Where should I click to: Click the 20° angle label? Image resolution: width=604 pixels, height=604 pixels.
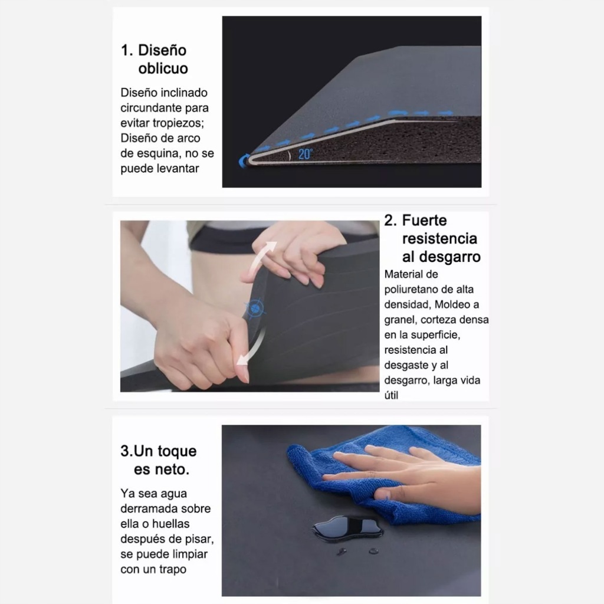click(306, 154)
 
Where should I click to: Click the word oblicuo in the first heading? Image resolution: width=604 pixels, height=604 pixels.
click(163, 68)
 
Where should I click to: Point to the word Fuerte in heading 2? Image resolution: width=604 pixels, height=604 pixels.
click(424, 221)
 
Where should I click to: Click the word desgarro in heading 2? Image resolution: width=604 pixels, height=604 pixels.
click(441, 257)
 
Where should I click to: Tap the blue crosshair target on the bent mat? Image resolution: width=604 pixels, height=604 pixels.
click(255, 308)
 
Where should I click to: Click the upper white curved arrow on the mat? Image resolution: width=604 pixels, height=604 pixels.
click(260, 260)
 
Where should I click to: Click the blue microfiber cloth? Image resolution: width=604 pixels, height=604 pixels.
click(382, 478)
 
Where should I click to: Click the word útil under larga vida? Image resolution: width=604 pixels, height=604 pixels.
click(392, 395)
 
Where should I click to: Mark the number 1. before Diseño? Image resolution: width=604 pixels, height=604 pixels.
click(127, 51)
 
